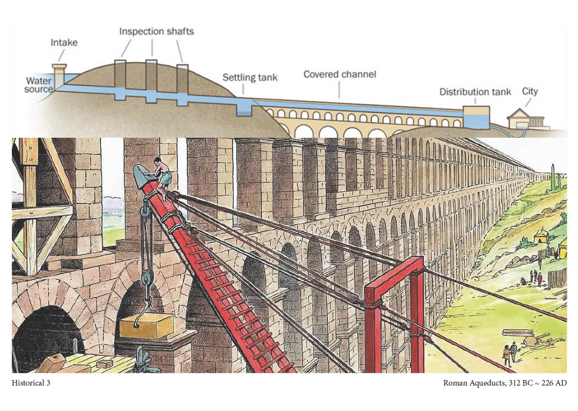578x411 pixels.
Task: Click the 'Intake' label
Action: coord(64,42)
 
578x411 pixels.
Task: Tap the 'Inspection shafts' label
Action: coord(156,32)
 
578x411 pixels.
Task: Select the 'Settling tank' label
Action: coord(249,77)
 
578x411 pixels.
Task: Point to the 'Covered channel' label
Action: coord(339,74)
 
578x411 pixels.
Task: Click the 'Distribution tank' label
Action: coord(475,91)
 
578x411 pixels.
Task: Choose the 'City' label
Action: coord(530,91)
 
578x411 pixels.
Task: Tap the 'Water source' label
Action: coord(38,85)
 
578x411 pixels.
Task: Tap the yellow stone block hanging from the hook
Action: coord(147,326)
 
